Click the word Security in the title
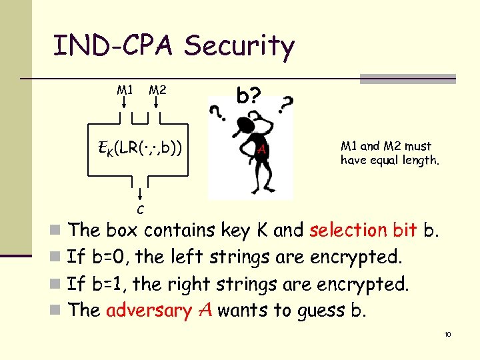(x=239, y=47)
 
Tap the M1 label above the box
(x=125, y=89)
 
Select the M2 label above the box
(x=157, y=89)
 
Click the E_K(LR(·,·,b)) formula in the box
(x=138, y=149)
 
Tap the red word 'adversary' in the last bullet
(x=149, y=311)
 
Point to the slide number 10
(x=447, y=334)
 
